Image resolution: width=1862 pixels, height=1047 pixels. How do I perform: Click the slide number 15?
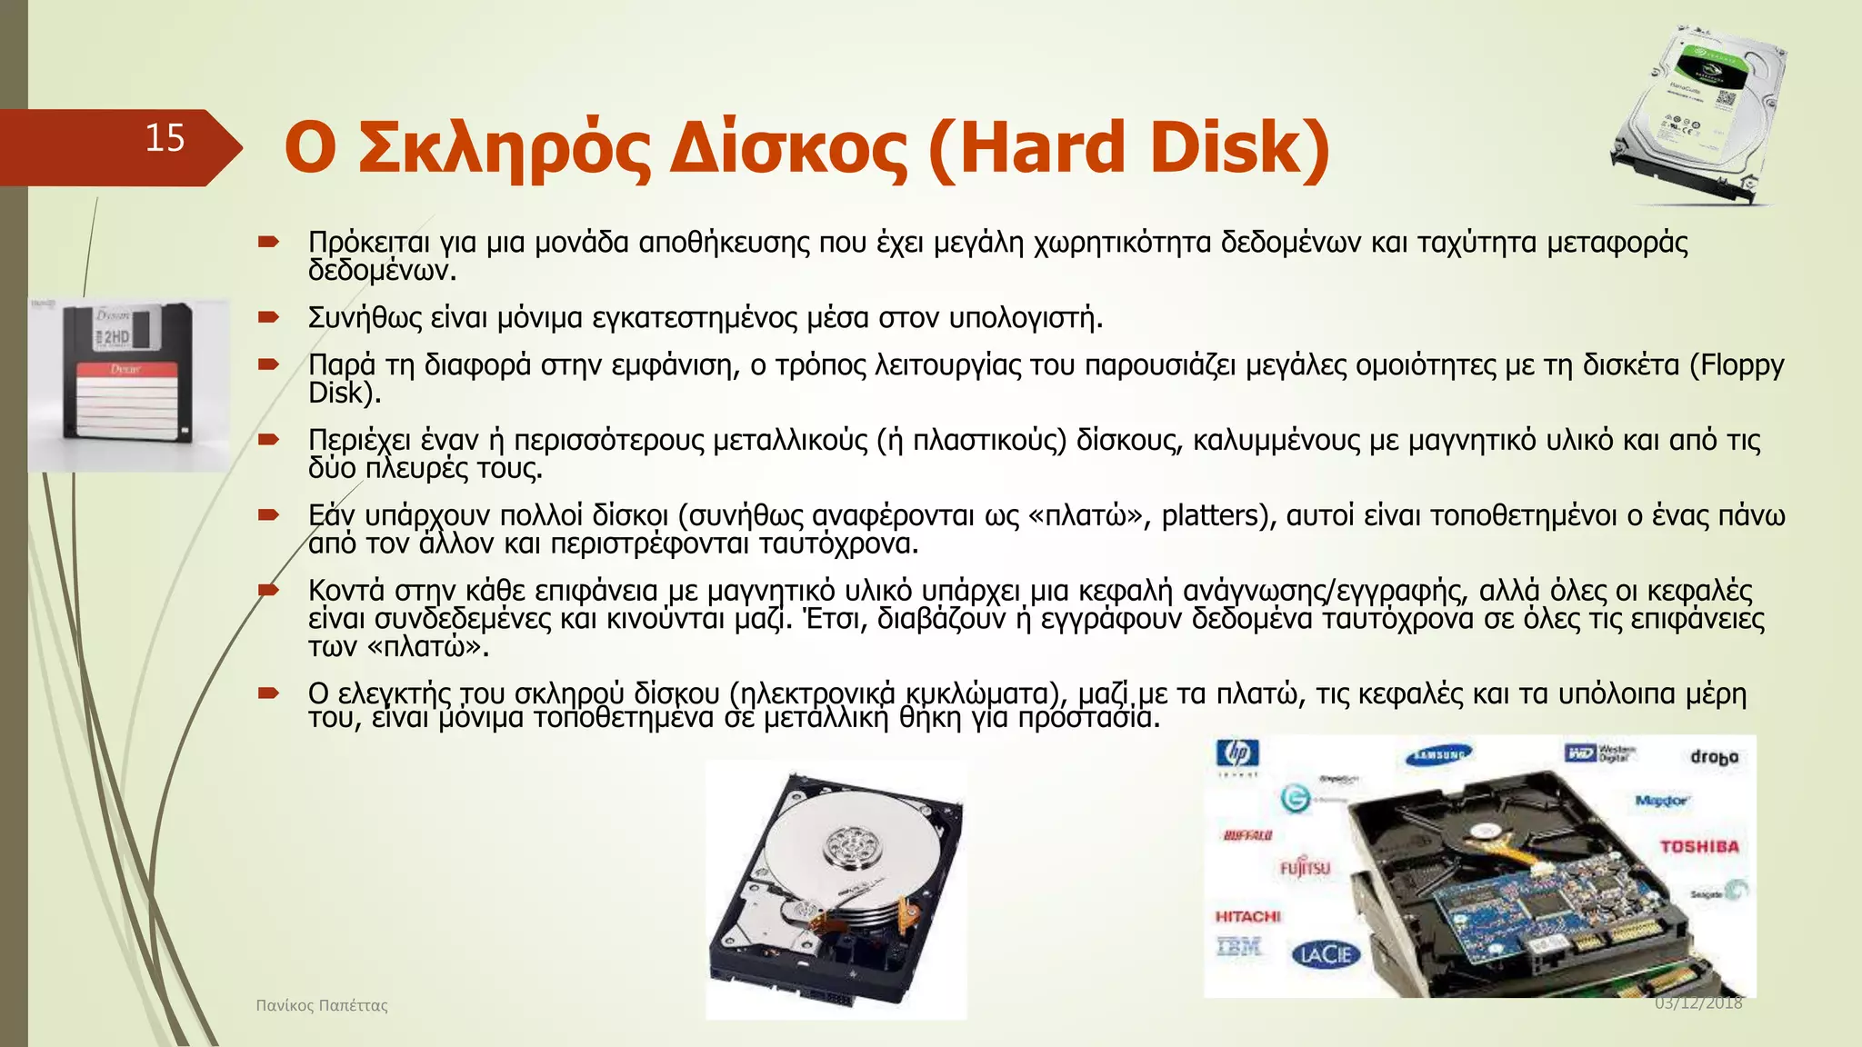[165, 138]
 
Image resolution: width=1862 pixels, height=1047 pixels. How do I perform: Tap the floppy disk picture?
[128, 384]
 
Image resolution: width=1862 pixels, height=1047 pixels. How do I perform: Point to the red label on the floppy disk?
[125, 370]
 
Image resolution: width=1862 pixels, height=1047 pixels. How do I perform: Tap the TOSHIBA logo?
[1698, 847]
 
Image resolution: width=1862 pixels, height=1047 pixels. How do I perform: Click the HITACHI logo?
[1247, 916]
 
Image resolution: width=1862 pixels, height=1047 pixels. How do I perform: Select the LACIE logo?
[1326, 954]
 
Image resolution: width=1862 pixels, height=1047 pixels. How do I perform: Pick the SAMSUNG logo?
[1438, 754]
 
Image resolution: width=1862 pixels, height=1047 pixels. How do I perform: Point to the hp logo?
[1237, 753]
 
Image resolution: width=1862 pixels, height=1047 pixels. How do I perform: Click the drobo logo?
[1714, 757]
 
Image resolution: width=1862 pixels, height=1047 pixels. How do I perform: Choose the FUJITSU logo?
[1305, 868]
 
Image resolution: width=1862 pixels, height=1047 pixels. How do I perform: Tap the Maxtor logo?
[1661, 801]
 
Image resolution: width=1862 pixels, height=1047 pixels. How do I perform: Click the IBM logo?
[1238, 947]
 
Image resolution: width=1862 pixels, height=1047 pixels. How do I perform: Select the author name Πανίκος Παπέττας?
[322, 1005]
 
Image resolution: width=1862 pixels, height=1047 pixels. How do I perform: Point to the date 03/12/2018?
[1697, 1003]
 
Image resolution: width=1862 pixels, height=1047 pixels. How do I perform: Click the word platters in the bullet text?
[1210, 515]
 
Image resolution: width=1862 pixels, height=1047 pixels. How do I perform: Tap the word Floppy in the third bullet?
[1742, 364]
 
